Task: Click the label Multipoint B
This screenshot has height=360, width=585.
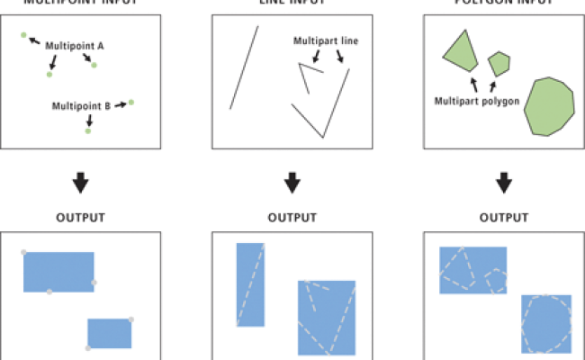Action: tap(81, 105)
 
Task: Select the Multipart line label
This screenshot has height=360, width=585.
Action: tap(325, 40)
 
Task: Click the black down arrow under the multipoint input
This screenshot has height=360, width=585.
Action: tap(80, 183)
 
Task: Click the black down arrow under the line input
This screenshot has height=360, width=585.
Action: tap(292, 183)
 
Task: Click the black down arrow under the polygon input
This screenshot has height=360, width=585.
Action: tap(504, 183)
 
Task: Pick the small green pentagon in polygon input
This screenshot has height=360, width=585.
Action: tap(499, 64)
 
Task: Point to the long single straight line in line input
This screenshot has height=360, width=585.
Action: tap(244, 67)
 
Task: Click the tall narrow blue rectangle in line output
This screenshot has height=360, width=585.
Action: tap(250, 284)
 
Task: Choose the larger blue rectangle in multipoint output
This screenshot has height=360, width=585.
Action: tap(58, 272)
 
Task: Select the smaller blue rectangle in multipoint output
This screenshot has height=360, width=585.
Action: tap(109, 333)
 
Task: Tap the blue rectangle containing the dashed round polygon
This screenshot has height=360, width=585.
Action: tap(546, 323)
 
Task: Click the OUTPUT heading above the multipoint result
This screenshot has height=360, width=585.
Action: tap(80, 218)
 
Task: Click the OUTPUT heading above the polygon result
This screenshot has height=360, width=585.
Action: tap(504, 218)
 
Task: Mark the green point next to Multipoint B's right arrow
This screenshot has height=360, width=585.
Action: tap(131, 102)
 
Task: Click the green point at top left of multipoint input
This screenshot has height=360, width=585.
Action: tap(24, 35)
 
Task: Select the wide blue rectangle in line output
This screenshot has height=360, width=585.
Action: tap(328, 317)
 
